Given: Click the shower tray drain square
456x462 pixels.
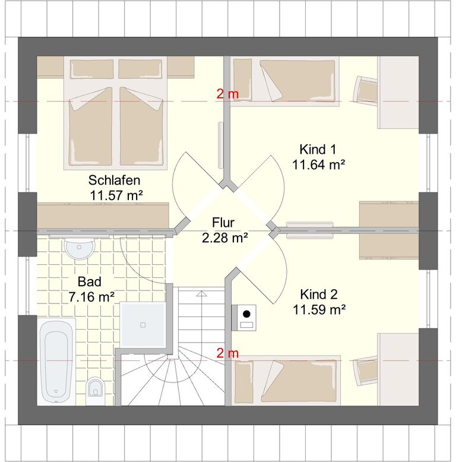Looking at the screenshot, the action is pyautogui.click(x=143, y=325).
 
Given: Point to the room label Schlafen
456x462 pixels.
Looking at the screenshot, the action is pyautogui.click(x=114, y=181).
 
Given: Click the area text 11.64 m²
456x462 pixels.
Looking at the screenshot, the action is pyautogui.click(x=318, y=164).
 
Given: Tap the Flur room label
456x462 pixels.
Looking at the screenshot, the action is pyautogui.click(x=223, y=223).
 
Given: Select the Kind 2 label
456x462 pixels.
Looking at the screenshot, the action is pyautogui.click(x=319, y=295).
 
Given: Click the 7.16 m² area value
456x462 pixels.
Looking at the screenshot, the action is pyautogui.click(x=91, y=297).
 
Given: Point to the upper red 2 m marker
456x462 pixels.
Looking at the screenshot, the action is pyautogui.click(x=227, y=94).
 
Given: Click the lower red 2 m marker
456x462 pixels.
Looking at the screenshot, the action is pyautogui.click(x=227, y=353).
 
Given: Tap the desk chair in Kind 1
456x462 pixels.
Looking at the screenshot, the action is pyautogui.click(x=366, y=90).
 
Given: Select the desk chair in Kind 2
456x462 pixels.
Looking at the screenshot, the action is pyautogui.click(x=366, y=371).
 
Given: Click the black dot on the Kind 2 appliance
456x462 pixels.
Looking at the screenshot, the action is pyautogui.click(x=246, y=314).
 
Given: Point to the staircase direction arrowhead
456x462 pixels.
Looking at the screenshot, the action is pyautogui.click(x=201, y=293).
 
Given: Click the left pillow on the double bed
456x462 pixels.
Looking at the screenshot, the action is pyautogui.click(x=92, y=69).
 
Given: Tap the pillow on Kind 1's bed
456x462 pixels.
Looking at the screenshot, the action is pyautogui.click(x=242, y=80).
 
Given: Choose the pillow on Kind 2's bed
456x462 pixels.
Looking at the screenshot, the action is pyautogui.click(x=244, y=382).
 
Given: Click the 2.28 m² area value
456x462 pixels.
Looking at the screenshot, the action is pyautogui.click(x=225, y=238).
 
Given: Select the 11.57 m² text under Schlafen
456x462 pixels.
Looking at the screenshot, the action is pyautogui.click(x=116, y=195).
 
